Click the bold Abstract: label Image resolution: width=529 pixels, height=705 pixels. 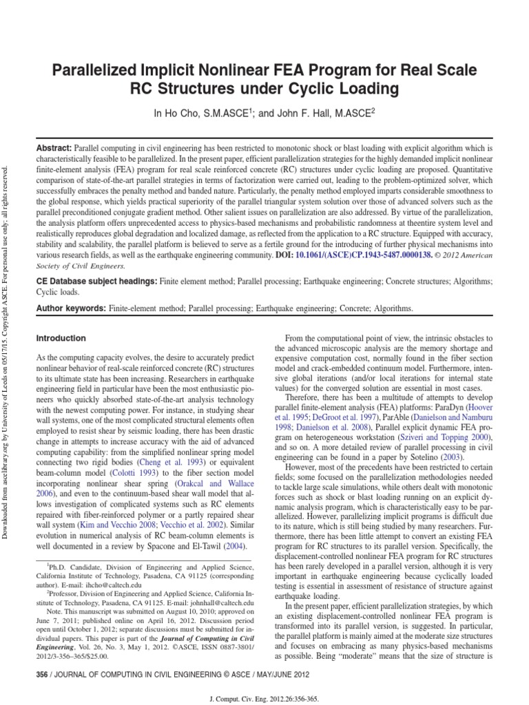pyautogui.click(x=54, y=149)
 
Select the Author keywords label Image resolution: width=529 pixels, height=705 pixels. pyautogui.click(x=71, y=309)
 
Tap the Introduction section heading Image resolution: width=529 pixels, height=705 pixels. pyautogui.click(x=61, y=339)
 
